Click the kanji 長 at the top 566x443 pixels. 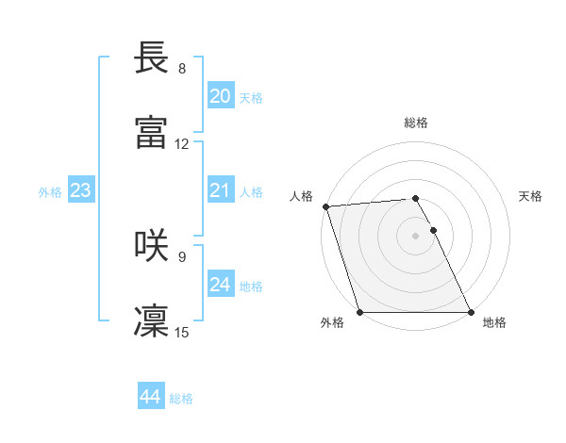coord(152,57)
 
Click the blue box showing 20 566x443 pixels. coord(220,96)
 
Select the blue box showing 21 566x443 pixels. coord(220,190)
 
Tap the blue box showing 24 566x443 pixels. coord(220,285)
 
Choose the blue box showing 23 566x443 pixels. coord(80,190)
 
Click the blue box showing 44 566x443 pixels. coord(150,397)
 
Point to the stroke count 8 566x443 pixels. coord(182,69)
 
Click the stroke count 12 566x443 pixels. coord(182,144)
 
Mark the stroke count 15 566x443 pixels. coord(182,332)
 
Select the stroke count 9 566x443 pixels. coord(182,256)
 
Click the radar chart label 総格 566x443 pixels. coord(416,123)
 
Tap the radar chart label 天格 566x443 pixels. coord(531,196)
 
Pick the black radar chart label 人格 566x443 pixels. coord(301,196)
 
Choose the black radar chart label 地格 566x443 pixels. coord(494,322)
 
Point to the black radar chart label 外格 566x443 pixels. coord(332,322)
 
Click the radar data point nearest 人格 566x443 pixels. coord(325,206)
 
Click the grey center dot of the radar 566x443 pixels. coord(416,236)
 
